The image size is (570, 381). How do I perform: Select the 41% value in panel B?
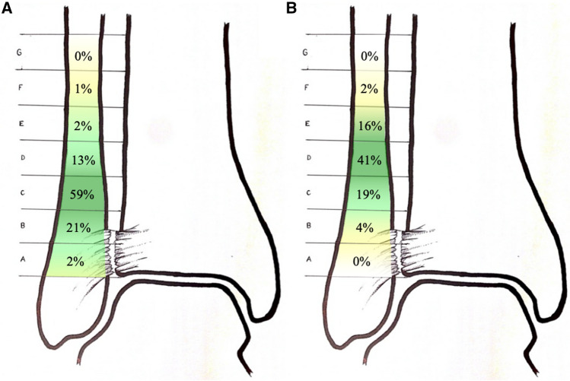coord(371,160)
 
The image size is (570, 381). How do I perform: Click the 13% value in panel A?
coord(81,160)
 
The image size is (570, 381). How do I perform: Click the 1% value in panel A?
coord(82,90)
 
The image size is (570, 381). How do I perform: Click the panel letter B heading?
coord(291,9)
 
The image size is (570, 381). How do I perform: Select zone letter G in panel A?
coord(28,53)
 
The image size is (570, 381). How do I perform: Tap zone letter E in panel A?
coord(28,124)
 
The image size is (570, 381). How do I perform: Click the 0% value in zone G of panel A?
coord(82,56)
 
